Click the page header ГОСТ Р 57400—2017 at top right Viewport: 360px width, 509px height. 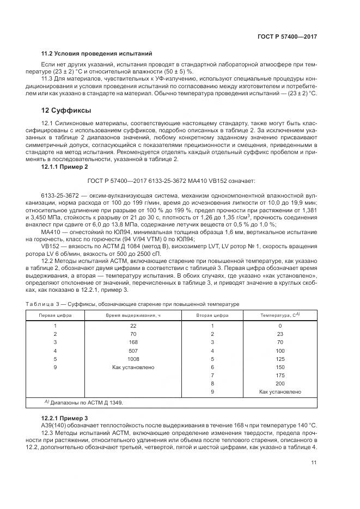pyautogui.click(x=287, y=36)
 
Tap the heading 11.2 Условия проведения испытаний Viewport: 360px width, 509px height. pyautogui.click(x=96, y=53)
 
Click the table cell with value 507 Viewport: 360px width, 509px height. pyautogui.click(x=133, y=351)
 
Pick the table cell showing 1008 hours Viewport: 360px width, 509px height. pyautogui.click(x=133, y=359)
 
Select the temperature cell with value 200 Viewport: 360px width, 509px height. pyautogui.click(x=280, y=384)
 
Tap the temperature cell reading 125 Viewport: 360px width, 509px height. pyautogui.click(x=280, y=359)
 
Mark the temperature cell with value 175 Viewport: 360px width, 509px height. pyautogui.click(x=280, y=376)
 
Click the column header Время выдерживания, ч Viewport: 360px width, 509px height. pyautogui.click(x=133, y=315)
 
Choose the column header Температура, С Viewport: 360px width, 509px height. pyautogui.click(x=280, y=315)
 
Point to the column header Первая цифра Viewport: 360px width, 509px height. pyautogui.click(x=55, y=315)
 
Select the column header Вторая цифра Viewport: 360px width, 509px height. pyautogui.click(x=212, y=315)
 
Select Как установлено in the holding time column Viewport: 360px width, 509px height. pyautogui.click(x=133, y=367)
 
